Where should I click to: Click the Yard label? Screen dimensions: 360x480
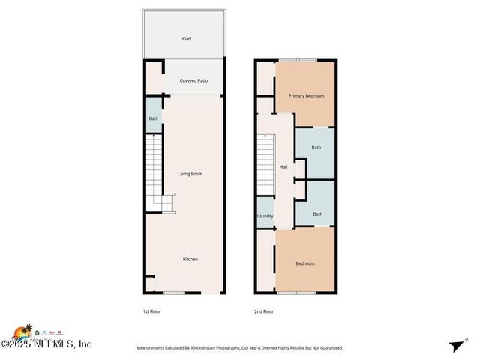coord(186,38)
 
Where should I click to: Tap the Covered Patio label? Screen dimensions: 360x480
coord(193,80)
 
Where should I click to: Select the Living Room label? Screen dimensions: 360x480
coord(190,174)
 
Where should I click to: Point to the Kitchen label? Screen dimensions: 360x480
coord(190,259)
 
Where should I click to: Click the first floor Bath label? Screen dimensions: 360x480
coord(153,118)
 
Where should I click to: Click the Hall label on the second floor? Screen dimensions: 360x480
coord(283,167)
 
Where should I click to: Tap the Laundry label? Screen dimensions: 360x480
coord(265,216)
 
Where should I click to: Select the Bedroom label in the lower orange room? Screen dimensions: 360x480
coord(305,263)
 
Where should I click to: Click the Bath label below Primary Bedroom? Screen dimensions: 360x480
coord(316,148)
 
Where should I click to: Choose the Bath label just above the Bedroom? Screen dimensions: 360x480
coord(318,214)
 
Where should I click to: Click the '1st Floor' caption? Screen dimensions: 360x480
coord(151,311)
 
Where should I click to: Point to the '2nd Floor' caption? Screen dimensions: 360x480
coord(264,311)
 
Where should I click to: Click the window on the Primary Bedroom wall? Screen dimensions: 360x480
coord(298,60)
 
